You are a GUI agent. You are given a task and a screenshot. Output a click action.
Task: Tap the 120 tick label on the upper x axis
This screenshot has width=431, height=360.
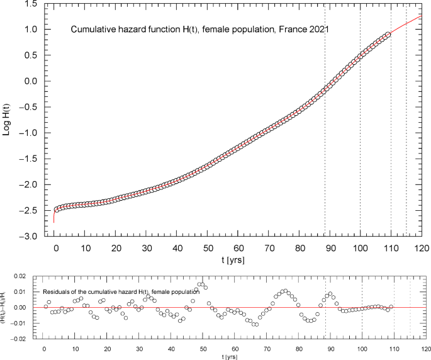pyautogui.click(x=421, y=247)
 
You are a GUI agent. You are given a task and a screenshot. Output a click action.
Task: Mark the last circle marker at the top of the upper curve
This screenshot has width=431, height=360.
pyautogui.click(x=388, y=35)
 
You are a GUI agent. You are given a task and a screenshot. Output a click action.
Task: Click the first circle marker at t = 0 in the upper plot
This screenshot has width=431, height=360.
pyautogui.click(x=55, y=210)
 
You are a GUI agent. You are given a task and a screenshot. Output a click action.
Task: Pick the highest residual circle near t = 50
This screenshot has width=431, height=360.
pyautogui.click(x=201, y=284)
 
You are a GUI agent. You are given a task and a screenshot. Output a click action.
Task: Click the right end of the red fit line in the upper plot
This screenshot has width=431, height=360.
pyautogui.click(x=422, y=15)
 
